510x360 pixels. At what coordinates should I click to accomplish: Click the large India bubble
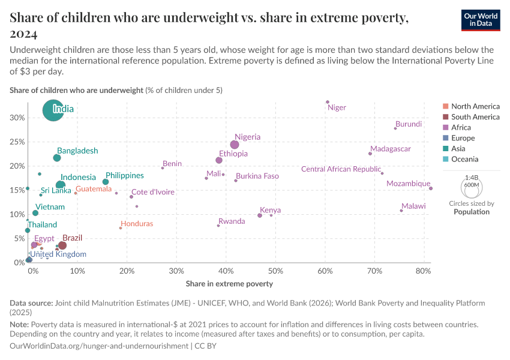point(54,110)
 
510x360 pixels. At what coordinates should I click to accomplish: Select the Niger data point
point(328,102)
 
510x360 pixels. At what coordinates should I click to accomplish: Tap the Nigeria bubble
point(235,145)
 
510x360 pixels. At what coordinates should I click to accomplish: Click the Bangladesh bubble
point(57,158)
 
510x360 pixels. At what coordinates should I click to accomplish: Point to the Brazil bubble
point(62,245)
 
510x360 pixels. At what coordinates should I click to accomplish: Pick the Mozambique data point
point(431,188)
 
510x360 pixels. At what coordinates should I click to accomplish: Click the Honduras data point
point(121,228)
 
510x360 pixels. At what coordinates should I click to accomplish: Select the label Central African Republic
point(341,169)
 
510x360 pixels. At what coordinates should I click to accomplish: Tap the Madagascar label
point(390,149)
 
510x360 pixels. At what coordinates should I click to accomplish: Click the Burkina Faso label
point(257,176)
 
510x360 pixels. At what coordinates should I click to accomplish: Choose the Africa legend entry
point(461,127)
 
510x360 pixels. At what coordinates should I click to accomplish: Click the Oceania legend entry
point(464,159)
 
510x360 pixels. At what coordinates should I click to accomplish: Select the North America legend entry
point(475,106)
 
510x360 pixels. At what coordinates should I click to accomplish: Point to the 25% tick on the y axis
point(17,142)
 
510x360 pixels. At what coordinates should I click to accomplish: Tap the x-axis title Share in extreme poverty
point(229,284)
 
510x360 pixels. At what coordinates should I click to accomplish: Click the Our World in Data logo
point(481,19)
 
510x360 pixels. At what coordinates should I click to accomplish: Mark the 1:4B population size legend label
point(472,178)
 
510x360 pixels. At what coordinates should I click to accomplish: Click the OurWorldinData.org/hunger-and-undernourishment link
point(100,346)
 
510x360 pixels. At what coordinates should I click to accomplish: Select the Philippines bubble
point(106,182)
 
